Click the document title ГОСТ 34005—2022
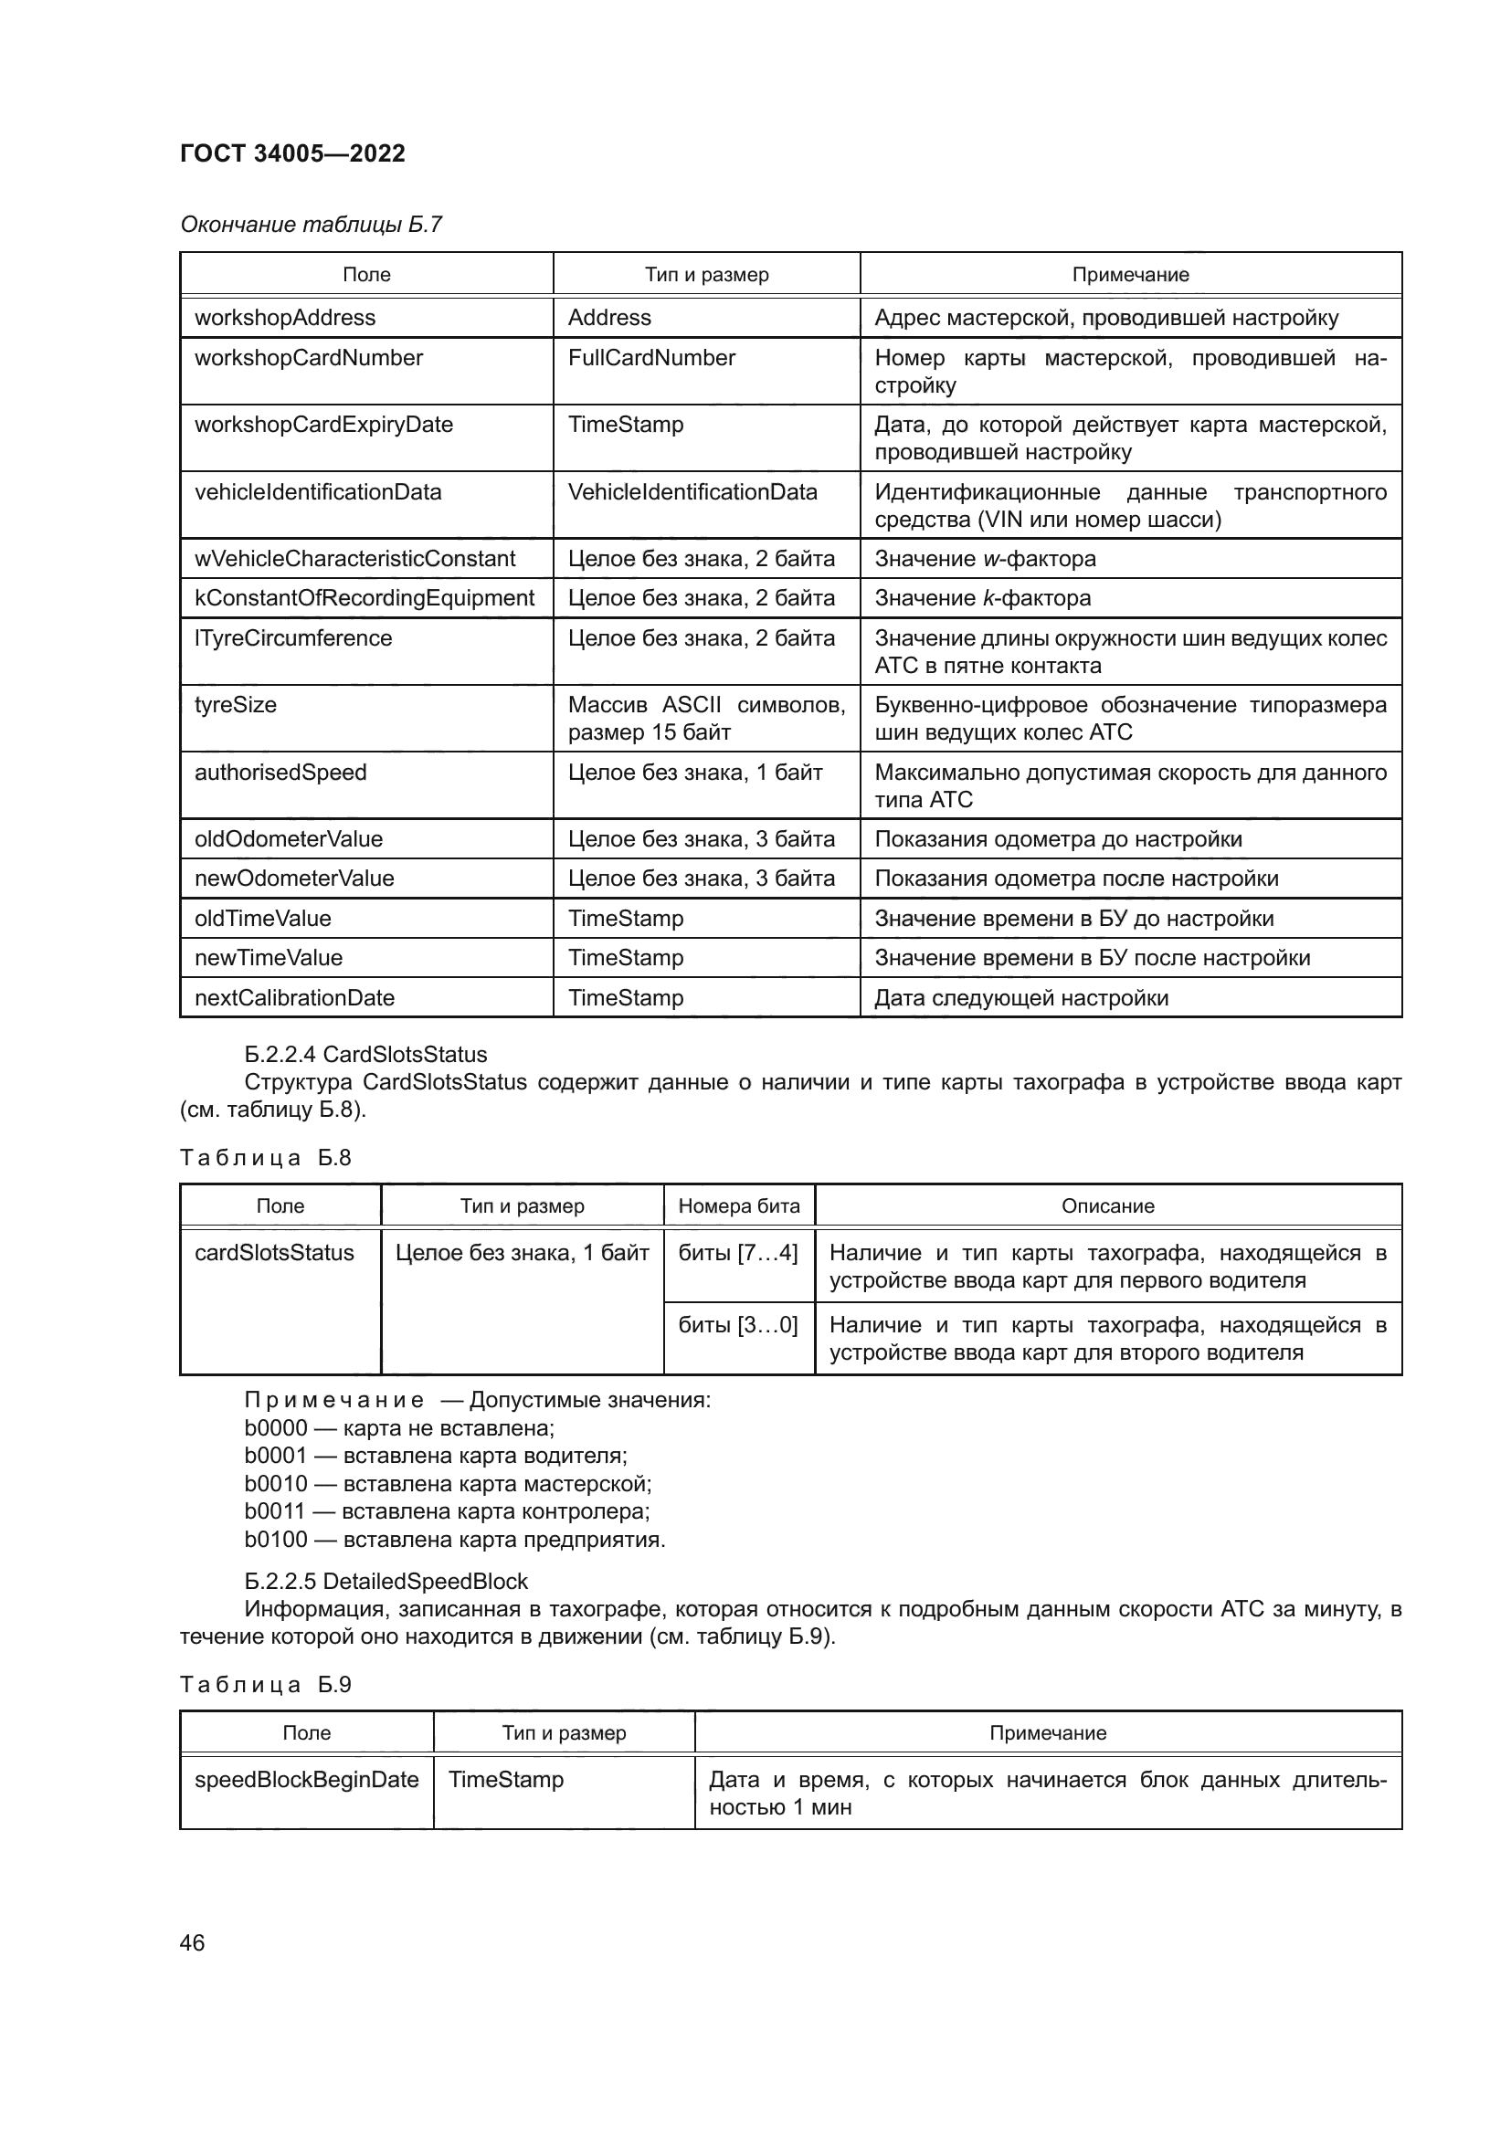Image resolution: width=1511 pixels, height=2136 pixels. pos(292,153)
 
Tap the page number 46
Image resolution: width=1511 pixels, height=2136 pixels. pos(192,1942)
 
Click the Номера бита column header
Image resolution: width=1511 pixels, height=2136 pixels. pos(739,1206)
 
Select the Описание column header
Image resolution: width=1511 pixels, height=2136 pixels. pos(1107,1206)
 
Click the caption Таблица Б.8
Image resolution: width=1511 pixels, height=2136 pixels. pos(265,1158)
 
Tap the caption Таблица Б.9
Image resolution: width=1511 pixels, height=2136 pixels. pos(265,1685)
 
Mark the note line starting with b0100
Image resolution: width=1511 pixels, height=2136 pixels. pos(454,1540)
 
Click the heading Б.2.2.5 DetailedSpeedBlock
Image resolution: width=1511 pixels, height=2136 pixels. pos(386,1582)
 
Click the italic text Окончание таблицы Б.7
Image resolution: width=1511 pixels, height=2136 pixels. pos(311,226)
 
